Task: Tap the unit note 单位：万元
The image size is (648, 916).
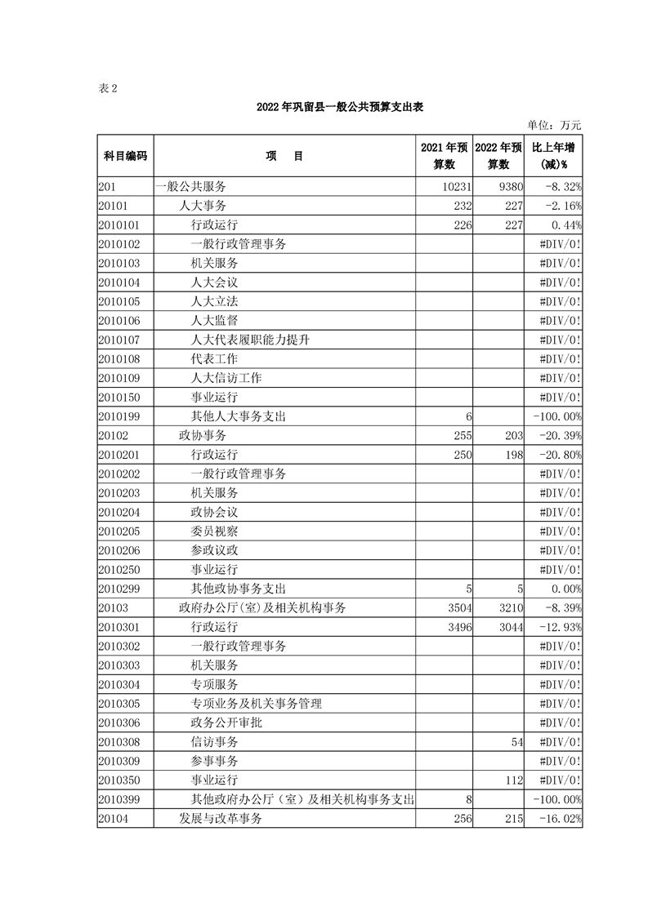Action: pos(554,125)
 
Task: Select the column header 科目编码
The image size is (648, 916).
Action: pos(125,156)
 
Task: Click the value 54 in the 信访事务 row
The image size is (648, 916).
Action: pos(515,741)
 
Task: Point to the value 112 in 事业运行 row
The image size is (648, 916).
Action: pos(513,780)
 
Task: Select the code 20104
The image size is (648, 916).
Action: pos(114,819)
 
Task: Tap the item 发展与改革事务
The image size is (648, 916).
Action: pos(220,819)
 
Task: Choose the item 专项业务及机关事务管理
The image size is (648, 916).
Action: pos(256,703)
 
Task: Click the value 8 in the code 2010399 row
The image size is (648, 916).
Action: pos(468,799)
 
